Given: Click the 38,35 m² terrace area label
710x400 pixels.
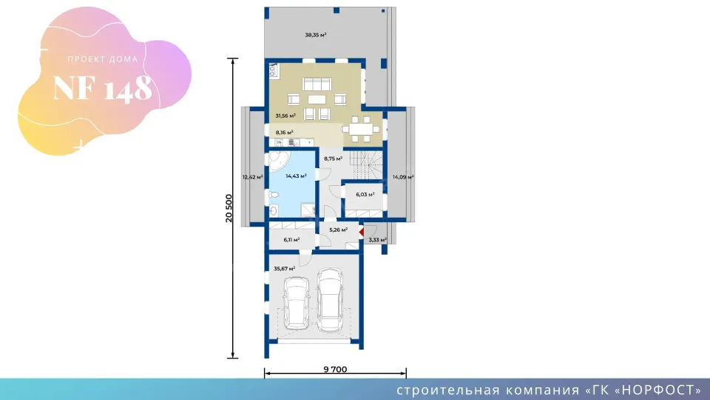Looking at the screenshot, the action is pos(316,35).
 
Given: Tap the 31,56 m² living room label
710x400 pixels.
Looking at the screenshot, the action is pos(285,116).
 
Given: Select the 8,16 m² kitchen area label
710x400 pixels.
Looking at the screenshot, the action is pos(284,133).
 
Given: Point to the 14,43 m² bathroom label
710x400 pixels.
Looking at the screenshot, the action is pos(296,176).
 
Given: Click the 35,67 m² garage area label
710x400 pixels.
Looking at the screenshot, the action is pos(284,268).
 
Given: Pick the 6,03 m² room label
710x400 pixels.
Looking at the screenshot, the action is pos(365,195).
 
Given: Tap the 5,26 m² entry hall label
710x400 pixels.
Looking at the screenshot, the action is pos(338,230).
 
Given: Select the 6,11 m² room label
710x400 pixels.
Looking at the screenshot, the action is pos(291,240).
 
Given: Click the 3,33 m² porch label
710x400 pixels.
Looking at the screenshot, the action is pos(377,240).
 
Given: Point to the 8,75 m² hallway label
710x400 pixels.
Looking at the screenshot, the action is pos(333,159).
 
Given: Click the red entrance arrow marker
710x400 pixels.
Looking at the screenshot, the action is pos(362,232).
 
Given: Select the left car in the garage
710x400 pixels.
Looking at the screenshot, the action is pos(296,302).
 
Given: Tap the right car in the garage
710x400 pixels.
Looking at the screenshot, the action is pos(330,300).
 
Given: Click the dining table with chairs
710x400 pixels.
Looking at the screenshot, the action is pos(361,129).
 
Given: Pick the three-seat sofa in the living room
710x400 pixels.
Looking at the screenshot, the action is pos(317,84).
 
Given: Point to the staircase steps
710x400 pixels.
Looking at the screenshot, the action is pos(366,165).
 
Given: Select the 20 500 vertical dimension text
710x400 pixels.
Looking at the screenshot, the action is pos(229,208).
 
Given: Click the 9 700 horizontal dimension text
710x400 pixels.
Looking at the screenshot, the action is pos(335,369).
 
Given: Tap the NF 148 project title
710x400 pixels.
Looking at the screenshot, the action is pos(102,88).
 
